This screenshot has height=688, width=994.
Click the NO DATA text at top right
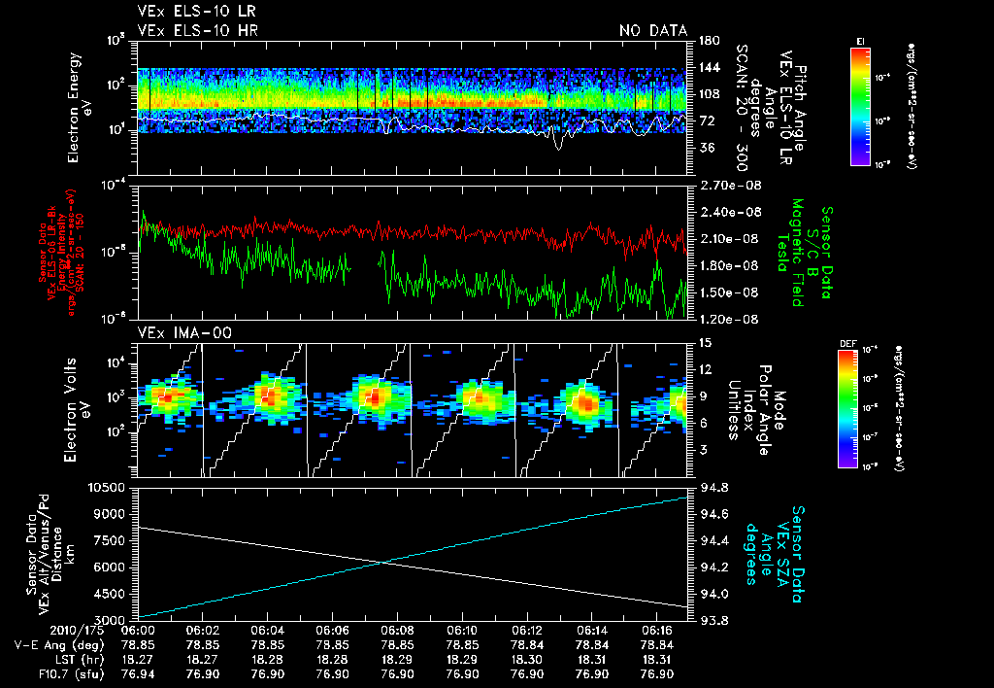[652, 31]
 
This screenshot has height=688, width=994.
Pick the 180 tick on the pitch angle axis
[707, 40]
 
